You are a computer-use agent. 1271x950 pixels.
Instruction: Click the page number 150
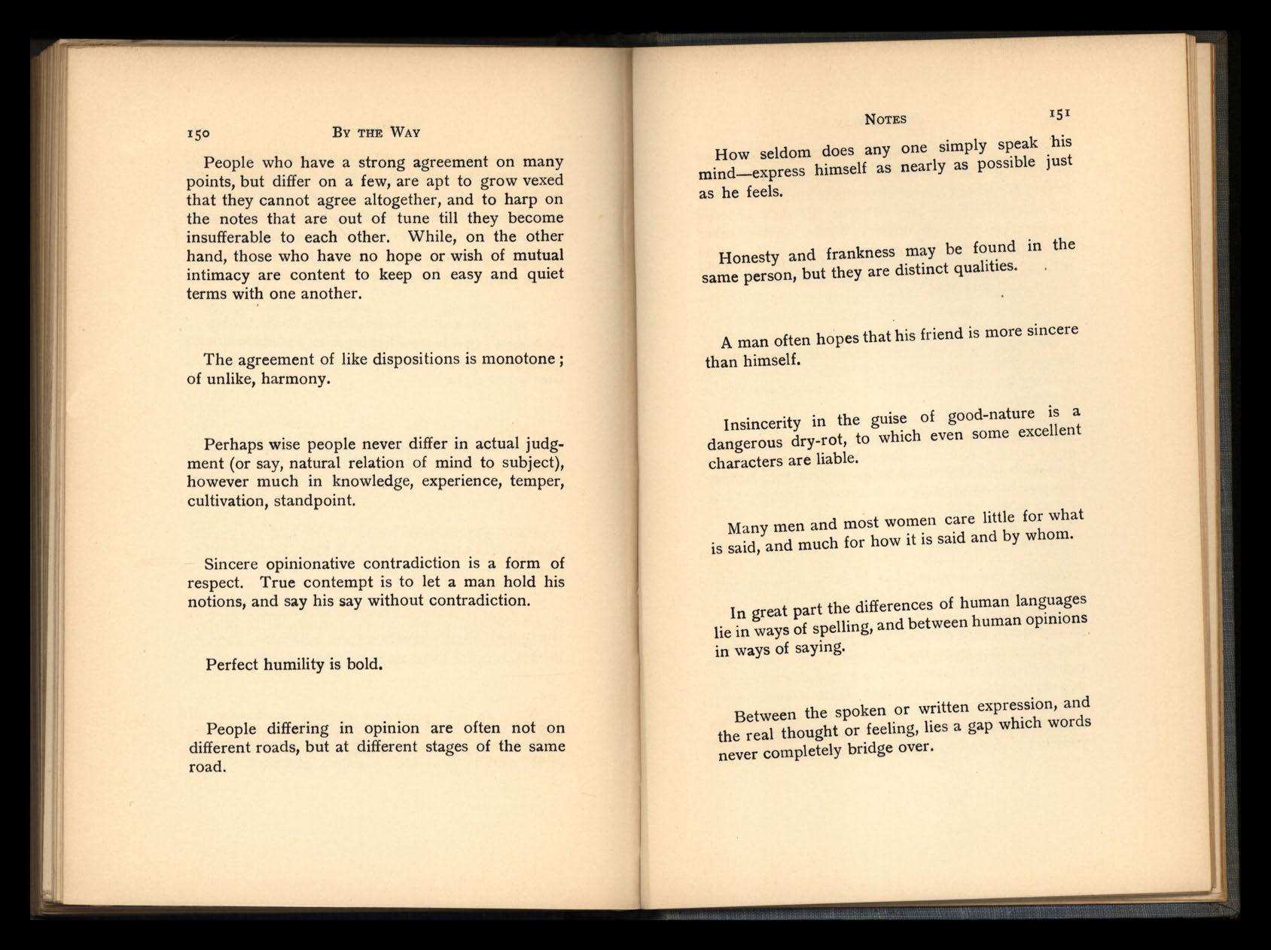(198, 133)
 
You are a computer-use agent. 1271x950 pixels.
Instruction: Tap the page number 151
(1059, 114)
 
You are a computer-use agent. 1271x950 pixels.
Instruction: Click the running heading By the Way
(376, 132)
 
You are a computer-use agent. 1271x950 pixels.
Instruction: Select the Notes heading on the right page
(885, 119)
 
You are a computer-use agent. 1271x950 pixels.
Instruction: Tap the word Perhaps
(233, 444)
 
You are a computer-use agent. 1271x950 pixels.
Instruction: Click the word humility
(294, 665)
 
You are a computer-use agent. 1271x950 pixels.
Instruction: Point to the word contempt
(349, 583)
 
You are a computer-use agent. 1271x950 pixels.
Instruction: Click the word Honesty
(748, 257)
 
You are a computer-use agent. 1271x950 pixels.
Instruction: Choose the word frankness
(860, 252)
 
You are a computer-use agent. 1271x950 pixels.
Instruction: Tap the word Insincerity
(762, 423)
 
